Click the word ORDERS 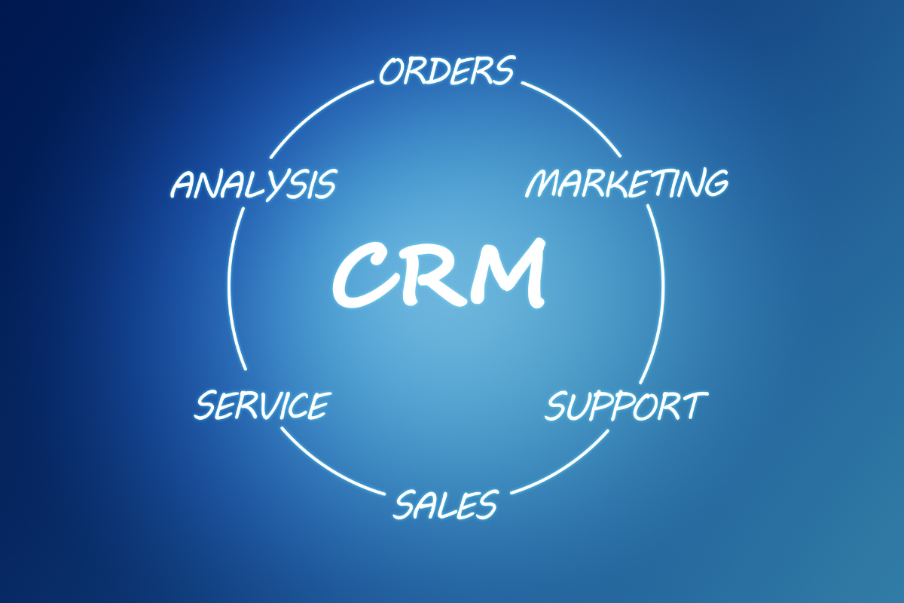tap(446, 70)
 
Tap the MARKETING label tap(627, 183)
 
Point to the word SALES tap(445, 504)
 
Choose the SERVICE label tap(261, 405)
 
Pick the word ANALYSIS tap(252, 185)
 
